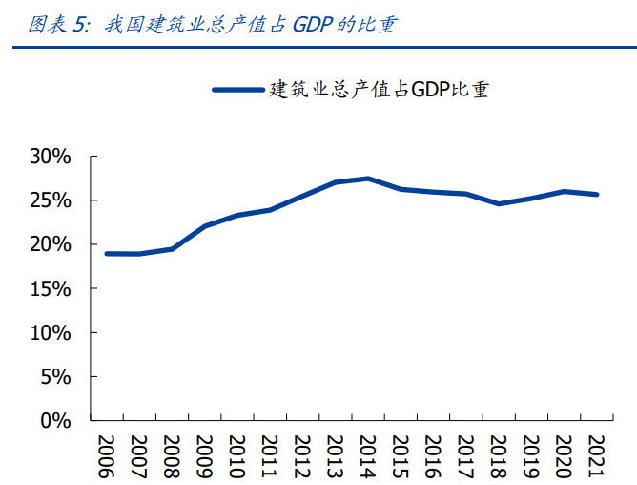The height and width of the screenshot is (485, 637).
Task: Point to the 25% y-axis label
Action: [50, 200]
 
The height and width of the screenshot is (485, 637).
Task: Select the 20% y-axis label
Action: [50, 244]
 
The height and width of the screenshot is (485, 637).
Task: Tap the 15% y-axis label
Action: [50, 288]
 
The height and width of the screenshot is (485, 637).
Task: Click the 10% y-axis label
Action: [50, 332]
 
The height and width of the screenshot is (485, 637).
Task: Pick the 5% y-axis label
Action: [55, 376]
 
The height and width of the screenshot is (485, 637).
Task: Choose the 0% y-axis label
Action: [55, 420]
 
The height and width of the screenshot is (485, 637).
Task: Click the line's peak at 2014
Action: [368, 179]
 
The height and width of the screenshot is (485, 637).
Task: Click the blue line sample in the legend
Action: [237, 90]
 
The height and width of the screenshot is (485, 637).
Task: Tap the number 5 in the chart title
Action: [78, 26]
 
